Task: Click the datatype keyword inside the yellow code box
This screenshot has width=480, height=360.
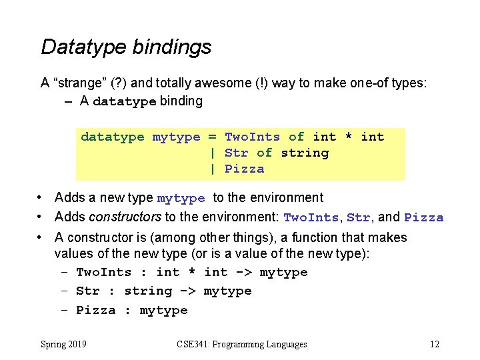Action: (x=112, y=137)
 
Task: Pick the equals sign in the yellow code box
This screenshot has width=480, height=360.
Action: (x=213, y=137)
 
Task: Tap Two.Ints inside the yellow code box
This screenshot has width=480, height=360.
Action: (x=253, y=137)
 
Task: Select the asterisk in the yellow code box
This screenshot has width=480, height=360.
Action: (x=349, y=138)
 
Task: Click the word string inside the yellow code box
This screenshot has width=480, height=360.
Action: (x=305, y=153)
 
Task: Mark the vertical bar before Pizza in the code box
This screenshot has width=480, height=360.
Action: (x=213, y=169)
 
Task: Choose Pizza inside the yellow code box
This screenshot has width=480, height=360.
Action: (x=245, y=169)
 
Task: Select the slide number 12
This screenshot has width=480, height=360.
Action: (x=435, y=345)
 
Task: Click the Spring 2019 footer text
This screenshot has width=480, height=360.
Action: (x=63, y=345)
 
